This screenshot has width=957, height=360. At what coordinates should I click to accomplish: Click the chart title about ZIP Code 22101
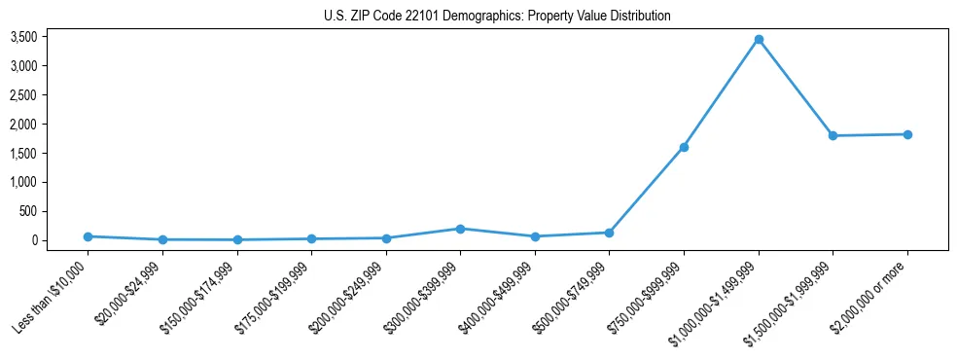point(497,17)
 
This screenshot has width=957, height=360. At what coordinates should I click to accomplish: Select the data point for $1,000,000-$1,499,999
point(759,40)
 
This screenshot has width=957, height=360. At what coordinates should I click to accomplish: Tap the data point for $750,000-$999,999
point(684,147)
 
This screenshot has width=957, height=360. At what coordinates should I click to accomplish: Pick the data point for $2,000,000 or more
point(907,134)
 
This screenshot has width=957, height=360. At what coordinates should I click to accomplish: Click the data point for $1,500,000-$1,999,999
point(833,135)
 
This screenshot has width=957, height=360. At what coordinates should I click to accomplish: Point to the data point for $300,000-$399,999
point(460,229)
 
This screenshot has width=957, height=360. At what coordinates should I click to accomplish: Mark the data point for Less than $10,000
point(88,236)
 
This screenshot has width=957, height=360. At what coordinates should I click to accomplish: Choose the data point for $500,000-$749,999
point(609,233)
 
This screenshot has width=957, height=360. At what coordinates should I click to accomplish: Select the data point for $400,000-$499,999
point(535,236)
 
